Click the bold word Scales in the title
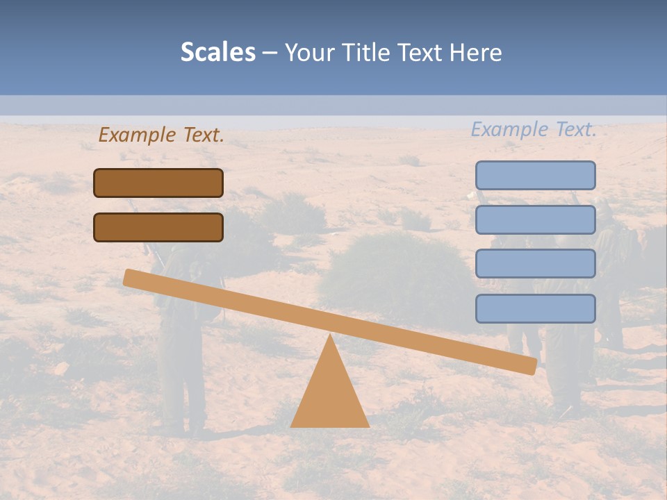[x=218, y=53]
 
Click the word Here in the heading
[x=476, y=53]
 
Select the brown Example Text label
[x=161, y=135]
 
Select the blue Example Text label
[x=534, y=129]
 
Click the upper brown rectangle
[x=158, y=183]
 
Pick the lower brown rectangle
[x=158, y=227]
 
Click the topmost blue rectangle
[x=535, y=175]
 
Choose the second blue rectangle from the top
[x=535, y=219]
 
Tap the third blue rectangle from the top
[x=535, y=264]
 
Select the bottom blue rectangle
[x=535, y=308]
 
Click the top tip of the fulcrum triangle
[x=329, y=336]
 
